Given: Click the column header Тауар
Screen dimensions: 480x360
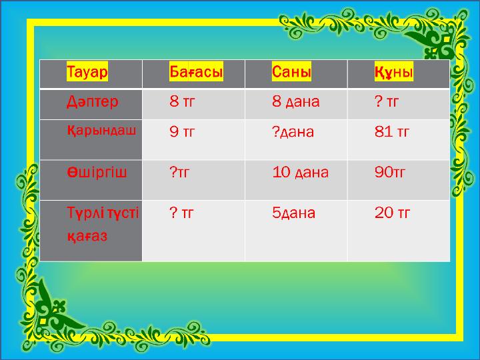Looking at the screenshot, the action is pos(87,71).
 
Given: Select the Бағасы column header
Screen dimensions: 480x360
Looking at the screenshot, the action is pos(196,71).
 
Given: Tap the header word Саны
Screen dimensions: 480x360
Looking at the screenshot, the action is pos(291,71).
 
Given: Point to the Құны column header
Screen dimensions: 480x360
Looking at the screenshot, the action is pos(394,72).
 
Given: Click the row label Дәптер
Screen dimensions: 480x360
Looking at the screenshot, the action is pos(93,101).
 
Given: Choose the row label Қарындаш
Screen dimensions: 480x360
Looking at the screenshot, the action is pos(101,131).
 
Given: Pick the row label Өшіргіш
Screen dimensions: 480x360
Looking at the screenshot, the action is pos(97,173).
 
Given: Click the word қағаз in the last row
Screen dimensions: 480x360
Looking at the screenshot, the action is pos(87,236).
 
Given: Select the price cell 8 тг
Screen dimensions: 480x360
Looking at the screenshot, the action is pos(182,101).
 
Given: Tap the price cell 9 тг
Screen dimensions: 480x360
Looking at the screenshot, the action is pos(182,131).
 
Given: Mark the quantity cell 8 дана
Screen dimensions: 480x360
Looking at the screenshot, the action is pos(296,101).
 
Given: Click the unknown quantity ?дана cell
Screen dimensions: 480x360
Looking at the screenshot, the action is pos(293,132).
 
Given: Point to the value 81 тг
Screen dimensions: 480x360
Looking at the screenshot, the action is pos(392,131).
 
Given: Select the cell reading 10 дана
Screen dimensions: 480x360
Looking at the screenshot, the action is pos(300,173).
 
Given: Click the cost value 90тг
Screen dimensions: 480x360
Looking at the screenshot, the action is pos(390,173).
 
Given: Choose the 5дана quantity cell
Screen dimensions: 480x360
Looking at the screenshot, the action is pos(293,213).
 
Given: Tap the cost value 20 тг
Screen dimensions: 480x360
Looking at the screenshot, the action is pos(392,213).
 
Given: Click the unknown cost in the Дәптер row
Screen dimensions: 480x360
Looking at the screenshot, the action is pos(387,101).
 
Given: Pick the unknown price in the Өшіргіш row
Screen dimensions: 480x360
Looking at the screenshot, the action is pos(180,173).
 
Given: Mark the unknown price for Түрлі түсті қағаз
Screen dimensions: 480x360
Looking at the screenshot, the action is pos(181,213).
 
